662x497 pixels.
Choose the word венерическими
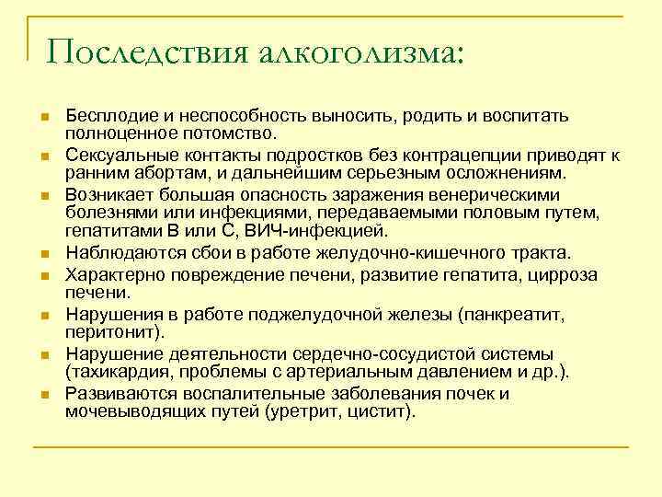pyautogui.click(x=485, y=195)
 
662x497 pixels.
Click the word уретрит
pyautogui.click(x=302, y=410)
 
